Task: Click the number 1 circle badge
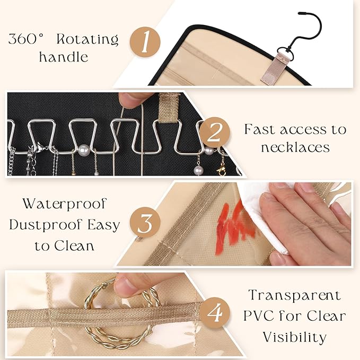pyautogui.click(x=145, y=42)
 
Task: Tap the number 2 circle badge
pyautogui.click(x=214, y=133)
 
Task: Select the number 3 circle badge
pyautogui.click(x=145, y=222)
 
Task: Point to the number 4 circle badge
pyautogui.click(x=214, y=312)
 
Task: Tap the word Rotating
pyautogui.click(x=87, y=39)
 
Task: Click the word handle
pyautogui.click(x=64, y=57)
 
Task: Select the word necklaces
pyautogui.click(x=295, y=147)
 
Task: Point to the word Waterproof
pyautogui.click(x=65, y=204)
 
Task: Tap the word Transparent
pyautogui.click(x=295, y=295)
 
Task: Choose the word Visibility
pyautogui.click(x=295, y=338)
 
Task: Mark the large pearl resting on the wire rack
pyautogui.click(x=84, y=150)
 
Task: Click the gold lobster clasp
pyautogui.click(x=222, y=170)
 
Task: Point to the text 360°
pyautogui.click(x=26, y=39)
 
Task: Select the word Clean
pyautogui.click(x=74, y=245)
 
